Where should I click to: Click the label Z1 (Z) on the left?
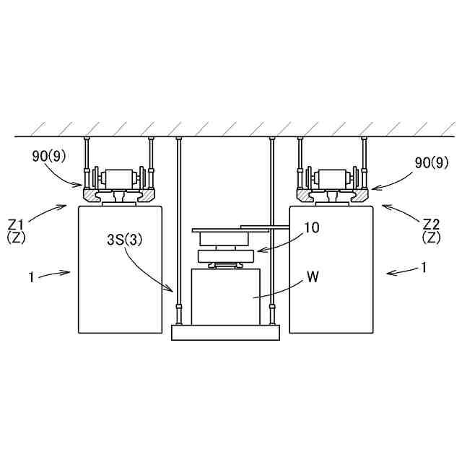click(17, 231)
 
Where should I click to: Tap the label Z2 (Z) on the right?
click(431, 231)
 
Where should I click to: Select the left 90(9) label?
click(48, 156)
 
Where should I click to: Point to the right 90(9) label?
click(432, 162)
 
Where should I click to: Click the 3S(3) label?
click(124, 240)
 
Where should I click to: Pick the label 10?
click(311, 227)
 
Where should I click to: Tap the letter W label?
click(313, 276)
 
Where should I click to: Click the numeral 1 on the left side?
click(32, 277)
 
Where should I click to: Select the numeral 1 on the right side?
click(424, 268)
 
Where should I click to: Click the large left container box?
click(120, 269)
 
